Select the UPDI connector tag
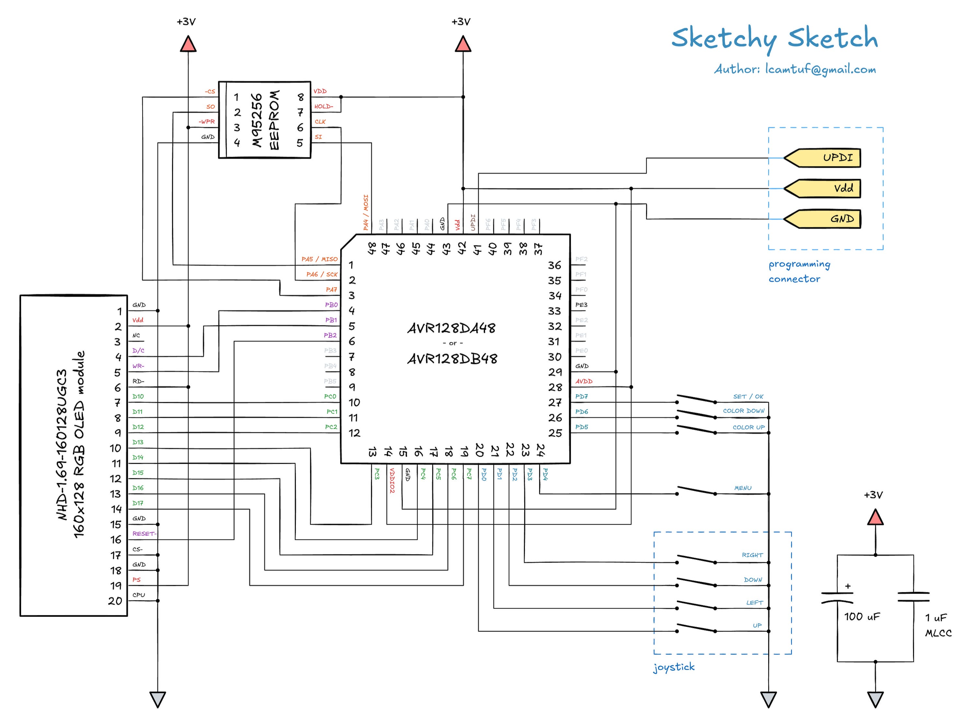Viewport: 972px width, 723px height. [823, 158]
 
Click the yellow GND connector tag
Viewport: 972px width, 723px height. [823, 219]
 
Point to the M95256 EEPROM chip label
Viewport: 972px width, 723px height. [265, 119]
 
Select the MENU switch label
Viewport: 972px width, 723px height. [743, 488]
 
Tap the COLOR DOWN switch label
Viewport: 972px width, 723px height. [744, 411]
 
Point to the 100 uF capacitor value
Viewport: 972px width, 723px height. [862, 617]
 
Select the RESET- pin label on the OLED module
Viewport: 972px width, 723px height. [144, 534]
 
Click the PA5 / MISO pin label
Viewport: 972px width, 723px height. [319, 259]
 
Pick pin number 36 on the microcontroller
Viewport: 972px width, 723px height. [554, 265]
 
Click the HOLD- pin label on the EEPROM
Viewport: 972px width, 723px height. [324, 106]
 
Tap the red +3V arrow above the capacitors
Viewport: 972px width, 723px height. [875, 517]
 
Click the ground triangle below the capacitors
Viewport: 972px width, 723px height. [875, 699]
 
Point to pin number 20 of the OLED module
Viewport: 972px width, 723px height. [115, 601]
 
